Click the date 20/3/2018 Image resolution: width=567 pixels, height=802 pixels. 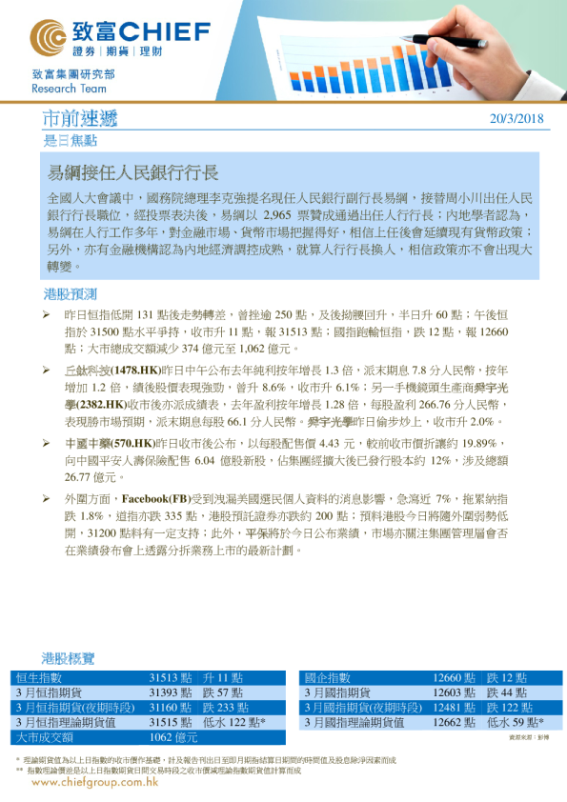click(516, 119)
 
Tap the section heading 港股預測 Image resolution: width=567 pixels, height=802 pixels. click(71, 292)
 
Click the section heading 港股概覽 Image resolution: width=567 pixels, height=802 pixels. click(69, 658)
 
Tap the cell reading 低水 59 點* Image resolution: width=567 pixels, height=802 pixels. click(516, 723)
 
